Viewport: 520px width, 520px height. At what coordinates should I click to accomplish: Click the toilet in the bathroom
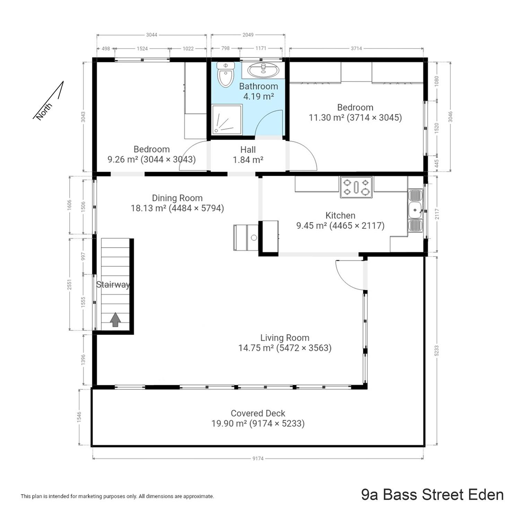tap(225, 74)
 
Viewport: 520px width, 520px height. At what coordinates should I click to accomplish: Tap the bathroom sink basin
tap(263, 71)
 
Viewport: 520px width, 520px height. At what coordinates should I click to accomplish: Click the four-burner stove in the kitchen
tap(356, 187)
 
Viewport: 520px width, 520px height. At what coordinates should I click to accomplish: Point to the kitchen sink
tap(415, 210)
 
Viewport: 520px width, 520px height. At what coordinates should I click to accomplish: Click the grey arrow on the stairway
tap(115, 319)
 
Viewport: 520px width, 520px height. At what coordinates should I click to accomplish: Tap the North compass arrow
tap(49, 100)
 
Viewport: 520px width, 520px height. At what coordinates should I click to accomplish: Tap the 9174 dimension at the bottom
tap(258, 458)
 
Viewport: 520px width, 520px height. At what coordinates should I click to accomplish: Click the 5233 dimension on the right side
tap(437, 350)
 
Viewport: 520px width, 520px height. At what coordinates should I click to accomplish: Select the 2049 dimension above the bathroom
tap(248, 35)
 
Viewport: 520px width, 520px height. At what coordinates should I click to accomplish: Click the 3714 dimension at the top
tap(356, 49)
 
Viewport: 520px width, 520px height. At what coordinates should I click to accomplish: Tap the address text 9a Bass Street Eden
tap(432, 495)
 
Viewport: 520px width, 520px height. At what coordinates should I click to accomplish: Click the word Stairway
tap(113, 285)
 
